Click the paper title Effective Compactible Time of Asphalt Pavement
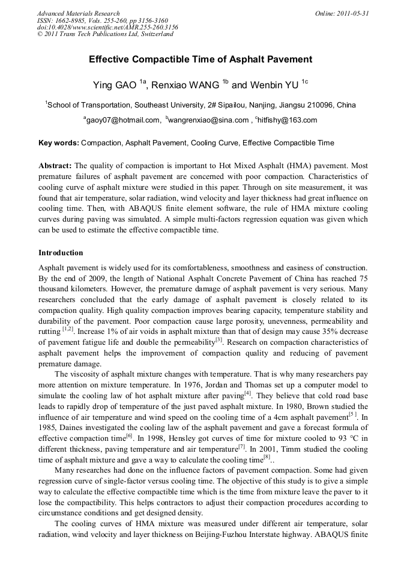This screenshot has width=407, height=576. pyautogui.click(x=200, y=59)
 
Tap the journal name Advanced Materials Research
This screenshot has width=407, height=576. pyautogui.click(x=78, y=13)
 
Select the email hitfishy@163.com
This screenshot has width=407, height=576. pyautogui.click(x=288, y=120)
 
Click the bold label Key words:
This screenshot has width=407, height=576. pyautogui.click(x=58, y=143)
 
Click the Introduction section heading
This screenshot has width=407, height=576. pyautogui.click(x=61, y=253)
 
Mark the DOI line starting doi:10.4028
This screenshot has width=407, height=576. pyautogui.click(x=107, y=27)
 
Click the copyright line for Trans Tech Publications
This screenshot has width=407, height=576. pyautogui.click(x=105, y=34)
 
